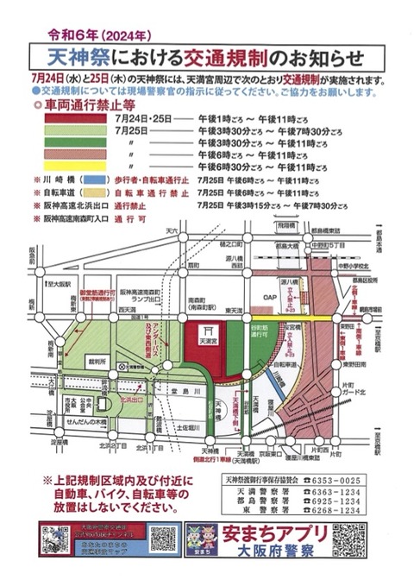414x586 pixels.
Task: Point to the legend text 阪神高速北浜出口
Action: pyautogui.click(x=72, y=207)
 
